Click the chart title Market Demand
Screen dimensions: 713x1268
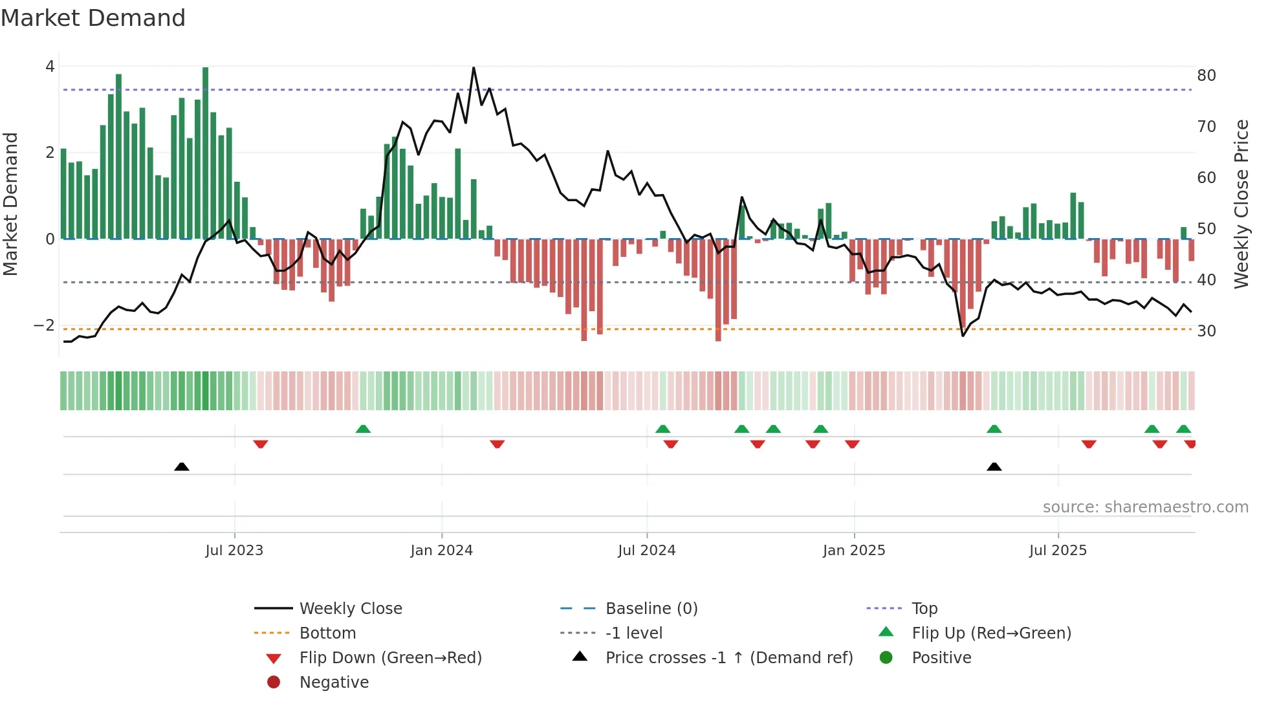click(x=93, y=18)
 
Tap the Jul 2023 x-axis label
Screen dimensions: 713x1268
click(x=234, y=551)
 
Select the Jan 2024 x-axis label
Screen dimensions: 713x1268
click(x=441, y=551)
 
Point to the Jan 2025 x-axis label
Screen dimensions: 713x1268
click(x=853, y=551)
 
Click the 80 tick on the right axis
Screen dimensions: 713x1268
click(x=1206, y=76)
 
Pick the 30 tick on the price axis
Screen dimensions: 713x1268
click(x=1206, y=331)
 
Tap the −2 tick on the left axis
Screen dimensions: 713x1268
click(x=44, y=325)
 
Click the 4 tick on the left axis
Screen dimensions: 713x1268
click(x=50, y=67)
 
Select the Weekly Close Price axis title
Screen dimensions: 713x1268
click(x=1241, y=204)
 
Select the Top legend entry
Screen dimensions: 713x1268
click(x=924, y=609)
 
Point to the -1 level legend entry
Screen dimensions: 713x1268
click(x=633, y=633)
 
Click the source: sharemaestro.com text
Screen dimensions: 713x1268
click(x=1145, y=507)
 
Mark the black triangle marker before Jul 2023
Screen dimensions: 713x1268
click(x=182, y=466)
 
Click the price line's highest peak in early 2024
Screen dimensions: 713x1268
click(x=474, y=68)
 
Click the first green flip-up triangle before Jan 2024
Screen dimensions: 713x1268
click(x=363, y=429)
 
